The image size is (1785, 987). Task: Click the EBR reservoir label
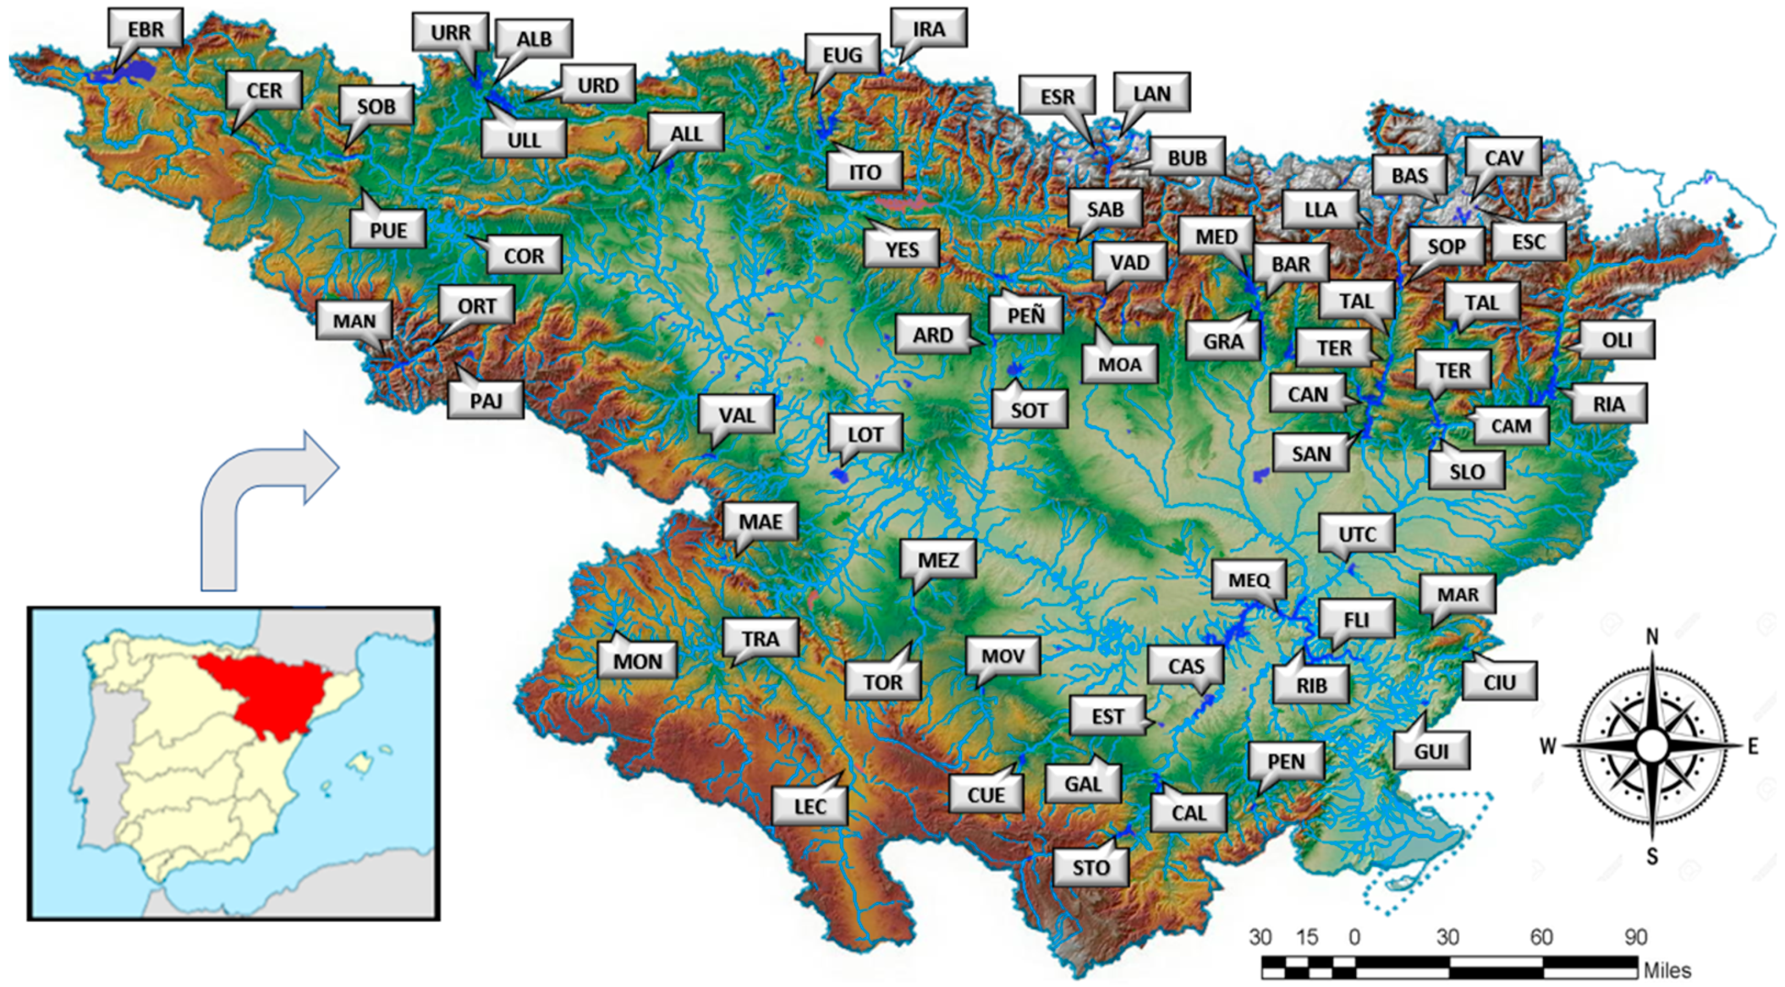146,29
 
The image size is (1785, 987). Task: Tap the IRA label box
928,29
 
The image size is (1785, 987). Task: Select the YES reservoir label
902,249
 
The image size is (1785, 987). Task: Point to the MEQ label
1249,580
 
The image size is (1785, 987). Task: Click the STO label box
1091,867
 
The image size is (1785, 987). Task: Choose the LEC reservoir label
810,806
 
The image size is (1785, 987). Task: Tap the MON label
637,661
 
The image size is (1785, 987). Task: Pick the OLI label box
1617,340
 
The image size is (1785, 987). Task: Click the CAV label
1504,157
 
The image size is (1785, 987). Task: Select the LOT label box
866,434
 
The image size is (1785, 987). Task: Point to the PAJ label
486,400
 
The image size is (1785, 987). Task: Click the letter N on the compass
1653,636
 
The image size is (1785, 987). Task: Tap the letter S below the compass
1653,856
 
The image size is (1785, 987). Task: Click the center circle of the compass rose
1653,746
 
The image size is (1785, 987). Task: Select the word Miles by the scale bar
1667,970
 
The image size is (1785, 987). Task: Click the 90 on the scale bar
1636,937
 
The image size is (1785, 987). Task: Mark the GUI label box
1432,751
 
